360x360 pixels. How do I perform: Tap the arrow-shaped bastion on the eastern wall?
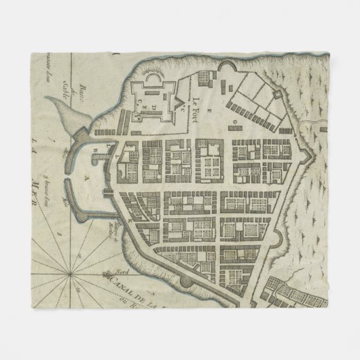pos(310,155)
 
